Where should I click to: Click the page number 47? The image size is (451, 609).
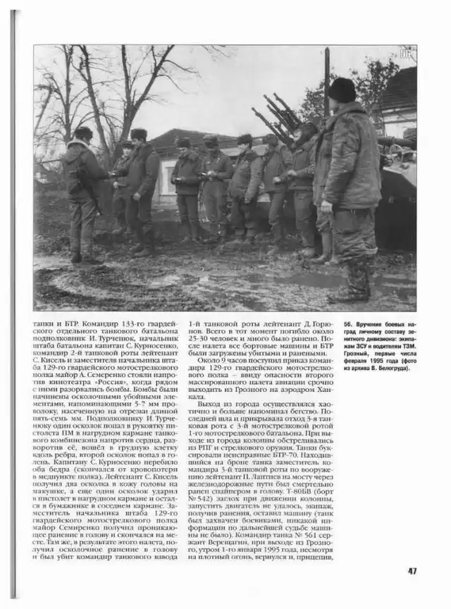click(x=412, y=570)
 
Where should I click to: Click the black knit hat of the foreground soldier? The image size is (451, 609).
click(x=342, y=90)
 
